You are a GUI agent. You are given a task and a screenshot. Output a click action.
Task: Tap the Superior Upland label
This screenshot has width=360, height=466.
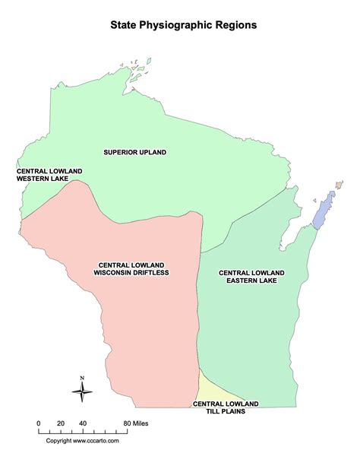click(135, 152)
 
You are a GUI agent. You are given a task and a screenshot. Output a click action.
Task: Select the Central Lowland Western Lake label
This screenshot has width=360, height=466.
click(43, 176)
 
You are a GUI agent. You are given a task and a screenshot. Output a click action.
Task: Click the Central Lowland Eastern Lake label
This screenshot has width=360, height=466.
click(251, 276)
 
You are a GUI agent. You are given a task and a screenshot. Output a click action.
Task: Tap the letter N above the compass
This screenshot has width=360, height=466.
click(83, 378)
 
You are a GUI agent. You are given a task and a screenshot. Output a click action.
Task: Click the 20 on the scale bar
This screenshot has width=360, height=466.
click(61, 422)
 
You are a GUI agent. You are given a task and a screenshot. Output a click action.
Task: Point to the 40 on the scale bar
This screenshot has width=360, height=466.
click(83, 422)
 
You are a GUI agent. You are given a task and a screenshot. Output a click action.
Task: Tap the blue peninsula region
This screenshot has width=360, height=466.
click(324, 208)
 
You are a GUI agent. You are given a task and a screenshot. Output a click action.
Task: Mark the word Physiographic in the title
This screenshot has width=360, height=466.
click(185, 24)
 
